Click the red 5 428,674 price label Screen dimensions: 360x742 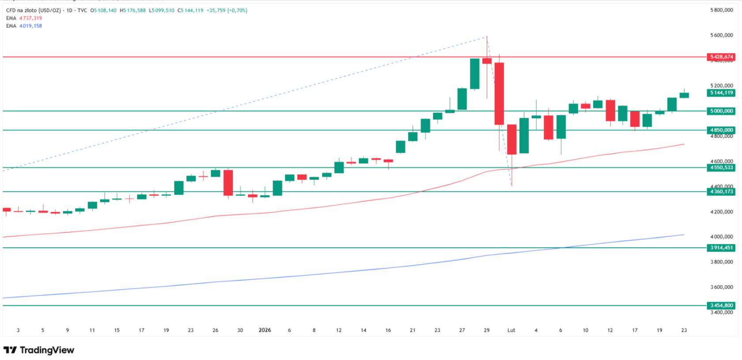(721, 57)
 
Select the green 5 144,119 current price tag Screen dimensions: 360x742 (721, 93)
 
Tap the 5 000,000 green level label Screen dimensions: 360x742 (721, 111)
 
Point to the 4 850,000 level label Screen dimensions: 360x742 (721, 130)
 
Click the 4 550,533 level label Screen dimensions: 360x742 (721, 168)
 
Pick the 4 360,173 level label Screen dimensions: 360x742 (721, 191)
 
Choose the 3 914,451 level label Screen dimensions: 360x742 (721, 248)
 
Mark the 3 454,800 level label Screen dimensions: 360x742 (721, 305)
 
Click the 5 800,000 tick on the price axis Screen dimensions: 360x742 (721, 10)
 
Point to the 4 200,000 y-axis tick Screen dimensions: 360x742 (721, 212)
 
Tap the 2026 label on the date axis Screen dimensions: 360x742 (264, 330)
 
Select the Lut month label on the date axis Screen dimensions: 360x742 (511, 330)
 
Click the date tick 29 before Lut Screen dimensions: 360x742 (486, 330)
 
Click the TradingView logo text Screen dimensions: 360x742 (47, 350)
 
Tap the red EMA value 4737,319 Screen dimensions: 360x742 (30, 18)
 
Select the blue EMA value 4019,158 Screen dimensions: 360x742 (30, 26)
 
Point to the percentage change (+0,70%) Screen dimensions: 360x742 (237, 10)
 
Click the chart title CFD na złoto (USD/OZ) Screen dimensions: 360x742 (34, 10)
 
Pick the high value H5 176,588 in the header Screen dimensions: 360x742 (132, 10)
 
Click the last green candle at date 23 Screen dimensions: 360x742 (684, 95)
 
